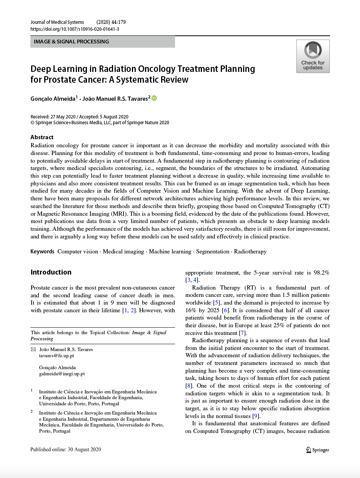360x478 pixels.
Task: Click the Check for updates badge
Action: pos(313,56)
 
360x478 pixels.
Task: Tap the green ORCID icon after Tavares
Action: pos(154,98)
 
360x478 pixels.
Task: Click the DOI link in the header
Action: pos(75,29)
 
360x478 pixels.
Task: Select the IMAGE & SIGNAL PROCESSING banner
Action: pos(102,42)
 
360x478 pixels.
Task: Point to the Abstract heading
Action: pos(42,137)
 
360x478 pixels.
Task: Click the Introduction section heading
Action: pos(51,272)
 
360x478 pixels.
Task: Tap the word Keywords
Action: pos(42,251)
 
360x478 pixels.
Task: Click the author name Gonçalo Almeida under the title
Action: pos(53,99)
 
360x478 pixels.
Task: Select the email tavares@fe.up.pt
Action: pos(57,356)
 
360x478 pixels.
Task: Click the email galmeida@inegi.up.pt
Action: pos(62,373)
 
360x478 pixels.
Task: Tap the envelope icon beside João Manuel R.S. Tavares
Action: pos(33,350)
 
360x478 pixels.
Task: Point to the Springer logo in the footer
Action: pos(317,450)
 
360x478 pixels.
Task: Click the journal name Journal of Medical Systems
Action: pos(57,22)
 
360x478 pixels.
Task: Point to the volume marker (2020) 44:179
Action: pos(111,22)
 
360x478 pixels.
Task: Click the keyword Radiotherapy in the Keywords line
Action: pos(250,251)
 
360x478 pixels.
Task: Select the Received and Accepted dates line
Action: pos(79,117)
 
